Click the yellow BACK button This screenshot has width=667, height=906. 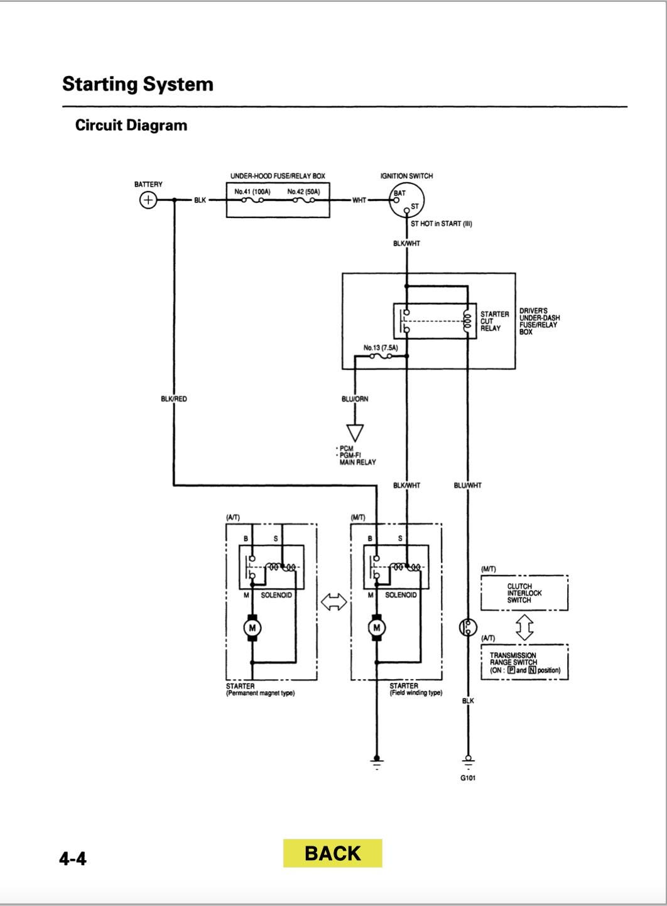[332, 853]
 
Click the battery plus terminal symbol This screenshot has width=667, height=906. [148, 200]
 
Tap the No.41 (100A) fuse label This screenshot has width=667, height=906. [252, 191]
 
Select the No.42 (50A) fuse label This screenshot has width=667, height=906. [304, 191]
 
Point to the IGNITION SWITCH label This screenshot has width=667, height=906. [406, 176]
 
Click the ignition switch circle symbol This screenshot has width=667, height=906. [406, 200]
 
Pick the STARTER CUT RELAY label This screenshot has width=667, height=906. [494, 321]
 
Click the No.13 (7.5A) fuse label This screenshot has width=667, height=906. [381, 347]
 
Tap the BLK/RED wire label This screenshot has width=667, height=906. [173, 399]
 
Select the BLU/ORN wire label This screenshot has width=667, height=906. [355, 399]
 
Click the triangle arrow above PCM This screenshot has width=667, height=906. [355, 433]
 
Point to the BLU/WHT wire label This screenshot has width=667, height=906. [467, 485]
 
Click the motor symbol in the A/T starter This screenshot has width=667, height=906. [252, 628]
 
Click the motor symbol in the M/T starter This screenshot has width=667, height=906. [377, 628]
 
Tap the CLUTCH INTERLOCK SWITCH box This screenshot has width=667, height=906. [524, 593]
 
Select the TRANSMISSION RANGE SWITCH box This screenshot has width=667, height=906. [524, 662]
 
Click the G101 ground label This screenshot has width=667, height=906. [467, 778]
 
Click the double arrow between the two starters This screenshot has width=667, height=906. [333, 602]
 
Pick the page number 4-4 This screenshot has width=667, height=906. [73, 858]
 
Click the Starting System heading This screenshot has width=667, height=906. [138, 84]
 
